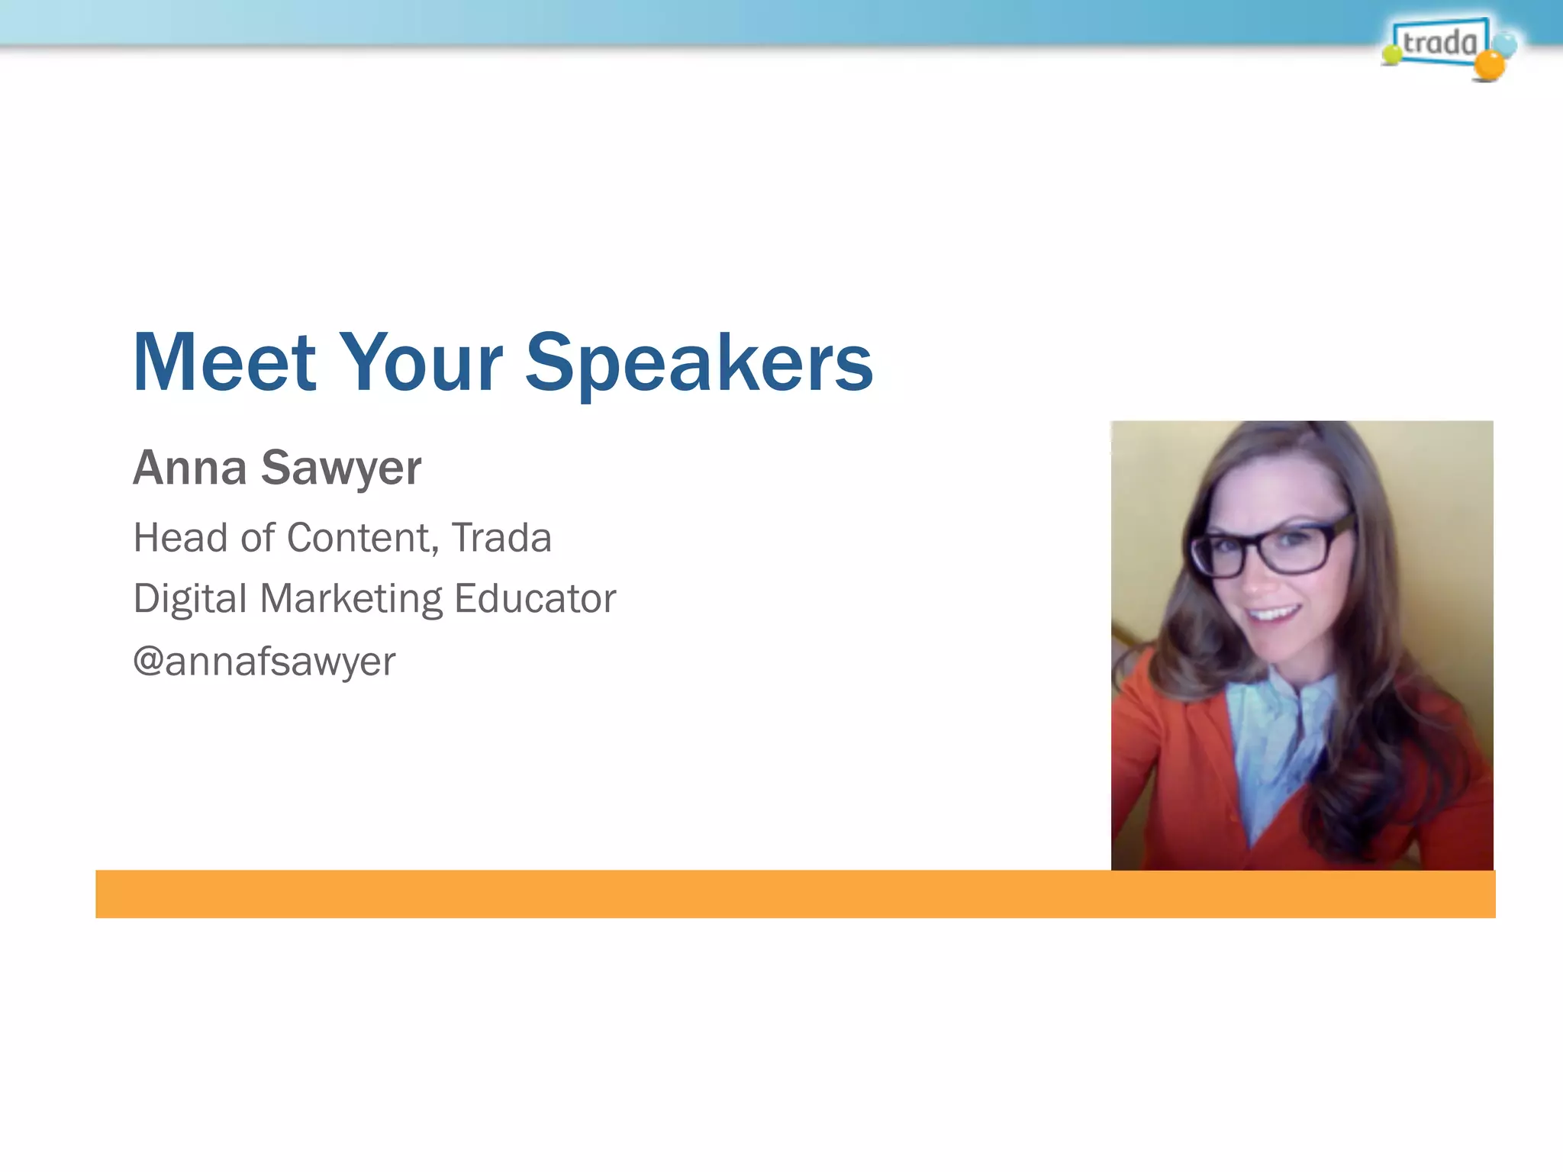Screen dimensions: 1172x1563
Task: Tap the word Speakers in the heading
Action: click(698, 365)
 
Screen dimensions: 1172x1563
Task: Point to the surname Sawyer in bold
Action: click(340, 468)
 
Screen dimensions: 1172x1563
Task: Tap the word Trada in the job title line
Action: click(501, 538)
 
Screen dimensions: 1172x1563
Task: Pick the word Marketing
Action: click(351, 599)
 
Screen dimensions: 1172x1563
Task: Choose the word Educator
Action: click(534, 598)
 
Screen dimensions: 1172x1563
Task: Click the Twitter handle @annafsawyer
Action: click(264, 661)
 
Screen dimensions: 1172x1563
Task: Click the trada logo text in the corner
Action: click(1439, 42)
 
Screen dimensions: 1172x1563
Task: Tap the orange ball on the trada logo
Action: click(1489, 66)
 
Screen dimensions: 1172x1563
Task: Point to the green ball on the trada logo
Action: click(1392, 54)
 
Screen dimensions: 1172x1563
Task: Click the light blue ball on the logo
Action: click(1506, 43)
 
